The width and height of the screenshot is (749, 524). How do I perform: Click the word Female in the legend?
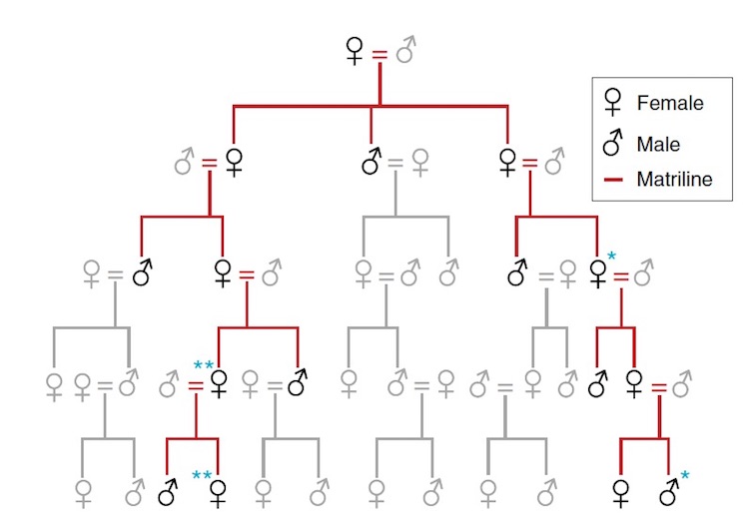[670, 103]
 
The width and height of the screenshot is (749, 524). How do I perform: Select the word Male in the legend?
[658, 144]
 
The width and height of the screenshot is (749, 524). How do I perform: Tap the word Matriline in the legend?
[674, 179]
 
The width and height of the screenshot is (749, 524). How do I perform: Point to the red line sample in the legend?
[613, 180]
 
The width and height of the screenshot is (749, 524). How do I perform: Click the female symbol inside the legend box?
[613, 101]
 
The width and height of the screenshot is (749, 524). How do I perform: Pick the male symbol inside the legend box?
[613, 142]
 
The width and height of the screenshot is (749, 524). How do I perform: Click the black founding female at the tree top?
[354, 51]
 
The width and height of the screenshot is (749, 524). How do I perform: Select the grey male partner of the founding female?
[406, 50]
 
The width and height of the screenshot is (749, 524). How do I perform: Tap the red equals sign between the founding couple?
[379, 55]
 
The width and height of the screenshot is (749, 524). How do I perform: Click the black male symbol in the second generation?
[372, 161]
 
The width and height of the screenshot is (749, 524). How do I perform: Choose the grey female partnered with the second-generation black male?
[420, 163]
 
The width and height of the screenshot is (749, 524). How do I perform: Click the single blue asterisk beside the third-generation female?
[611, 257]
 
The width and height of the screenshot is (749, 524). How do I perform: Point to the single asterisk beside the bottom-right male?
[685, 475]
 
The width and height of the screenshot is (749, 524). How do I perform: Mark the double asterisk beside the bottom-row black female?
[202, 475]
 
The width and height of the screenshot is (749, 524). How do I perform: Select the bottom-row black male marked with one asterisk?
[669, 491]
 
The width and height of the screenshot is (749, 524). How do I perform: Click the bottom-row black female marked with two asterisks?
[219, 493]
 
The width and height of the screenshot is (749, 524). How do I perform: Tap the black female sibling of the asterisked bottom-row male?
[620, 493]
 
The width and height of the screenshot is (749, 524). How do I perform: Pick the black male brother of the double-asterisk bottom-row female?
[168, 491]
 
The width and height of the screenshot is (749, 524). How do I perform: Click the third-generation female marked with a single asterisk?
[598, 273]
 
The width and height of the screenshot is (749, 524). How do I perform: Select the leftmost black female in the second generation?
[234, 163]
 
